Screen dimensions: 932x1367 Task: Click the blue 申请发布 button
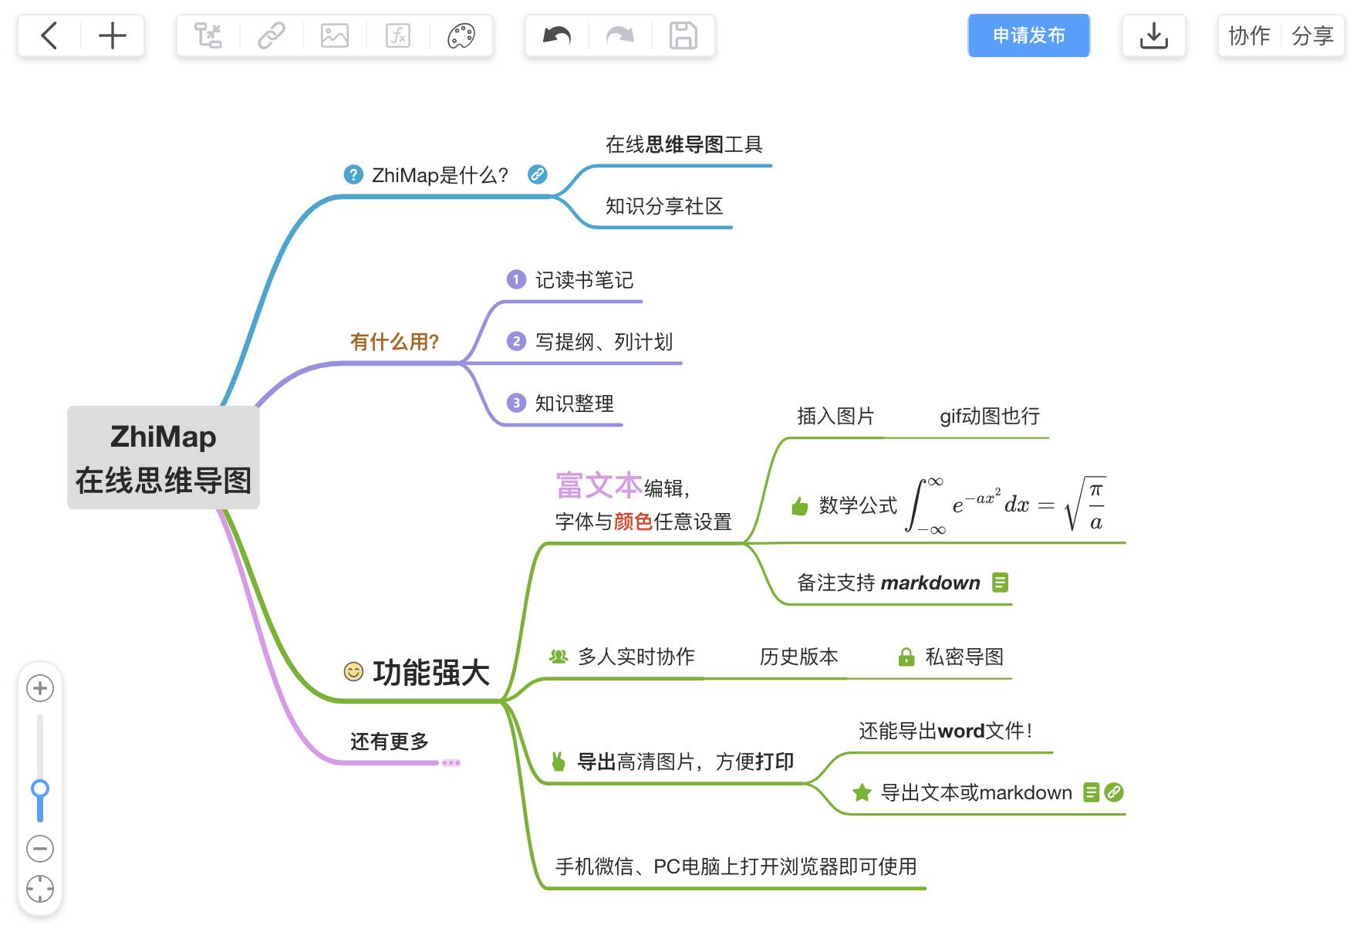click(1028, 35)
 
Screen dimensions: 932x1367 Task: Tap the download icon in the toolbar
click(1153, 35)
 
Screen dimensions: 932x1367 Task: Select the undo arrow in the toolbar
click(557, 35)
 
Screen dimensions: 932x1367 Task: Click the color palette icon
click(461, 35)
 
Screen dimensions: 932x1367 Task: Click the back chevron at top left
click(49, 35)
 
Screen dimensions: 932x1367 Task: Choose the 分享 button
click(1312, 35)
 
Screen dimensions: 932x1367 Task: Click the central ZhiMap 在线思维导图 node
click(164, 458)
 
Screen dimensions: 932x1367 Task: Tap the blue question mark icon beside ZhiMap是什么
click(353, 175)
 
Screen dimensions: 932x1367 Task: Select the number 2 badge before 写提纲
click(516, 341)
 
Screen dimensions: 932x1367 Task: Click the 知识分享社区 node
click(663, 206)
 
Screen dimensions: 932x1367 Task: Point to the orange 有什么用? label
click(394, 342)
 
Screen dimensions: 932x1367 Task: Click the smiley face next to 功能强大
click(353, 672)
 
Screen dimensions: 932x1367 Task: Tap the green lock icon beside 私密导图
click(906, 657)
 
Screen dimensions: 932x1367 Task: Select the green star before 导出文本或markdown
click(862, 792)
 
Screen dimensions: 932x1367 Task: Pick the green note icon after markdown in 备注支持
click(1000, 582)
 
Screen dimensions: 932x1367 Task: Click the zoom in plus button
click(40, 688)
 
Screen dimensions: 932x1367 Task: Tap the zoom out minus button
click(40, 849)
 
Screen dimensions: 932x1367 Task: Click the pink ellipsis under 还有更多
click(451, 763)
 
